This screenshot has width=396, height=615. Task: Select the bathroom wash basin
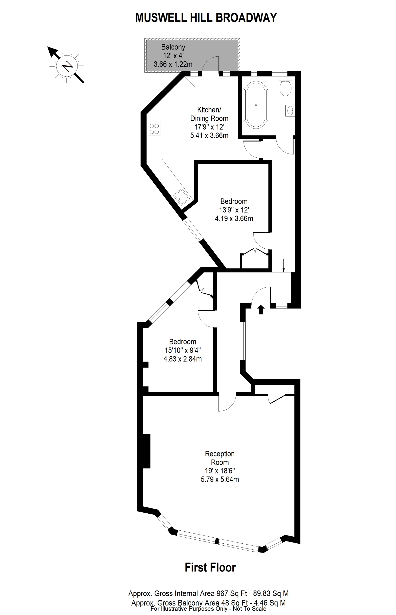pyautogui.click(x=290, y=111)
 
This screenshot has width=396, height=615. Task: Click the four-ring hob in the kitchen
pyautogui.click(x=154, y=129)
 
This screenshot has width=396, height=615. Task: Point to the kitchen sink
pyautogui.click(x=182, y=197)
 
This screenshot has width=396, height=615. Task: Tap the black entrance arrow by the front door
pyautogui.click(x=261, y=309)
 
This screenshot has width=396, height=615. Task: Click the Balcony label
pyautogui.click(x=173, y=47)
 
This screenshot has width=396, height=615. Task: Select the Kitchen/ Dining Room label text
pyautogui.click(x=209, y=114)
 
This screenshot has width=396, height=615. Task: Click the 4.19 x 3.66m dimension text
pyautogui.click(x=234, y=219)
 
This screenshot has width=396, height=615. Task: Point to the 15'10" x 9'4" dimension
pyautogui.click(x=183, y=350)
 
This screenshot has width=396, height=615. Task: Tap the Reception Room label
pyautogui.click(x=220, y=458)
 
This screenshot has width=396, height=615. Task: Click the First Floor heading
pyautogui.click(x=210, y=567)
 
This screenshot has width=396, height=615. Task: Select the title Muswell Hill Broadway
pyautogui.click(x=206, y=18)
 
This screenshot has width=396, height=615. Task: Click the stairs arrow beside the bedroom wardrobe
pyautogui.click(x=283, y=266)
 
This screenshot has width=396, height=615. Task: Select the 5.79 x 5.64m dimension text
pyautogui.click(x=220, y=480)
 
